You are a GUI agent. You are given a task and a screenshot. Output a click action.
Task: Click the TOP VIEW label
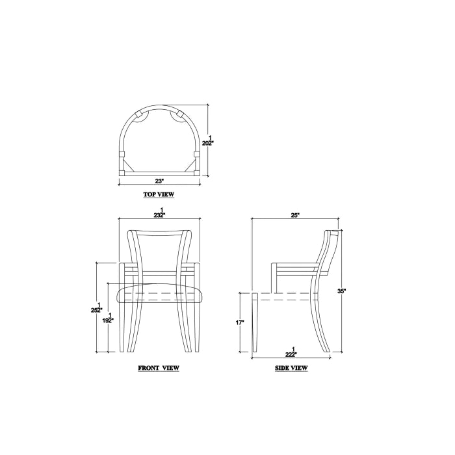(159, 194)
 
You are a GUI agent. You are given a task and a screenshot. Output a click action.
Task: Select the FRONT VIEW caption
(159, 368)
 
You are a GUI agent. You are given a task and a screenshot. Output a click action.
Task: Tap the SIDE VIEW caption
(291, 368)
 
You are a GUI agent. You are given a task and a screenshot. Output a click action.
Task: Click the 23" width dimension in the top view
(159, 181)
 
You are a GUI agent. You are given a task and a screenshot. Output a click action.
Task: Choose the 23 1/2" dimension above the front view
(160, 213)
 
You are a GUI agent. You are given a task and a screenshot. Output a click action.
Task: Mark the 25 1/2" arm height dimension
(97, 307)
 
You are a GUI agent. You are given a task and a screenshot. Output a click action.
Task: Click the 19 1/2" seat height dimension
(108, 318)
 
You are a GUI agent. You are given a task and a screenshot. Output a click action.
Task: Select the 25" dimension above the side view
(295, 215)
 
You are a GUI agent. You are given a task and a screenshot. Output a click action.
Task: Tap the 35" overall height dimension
(341, 291)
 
